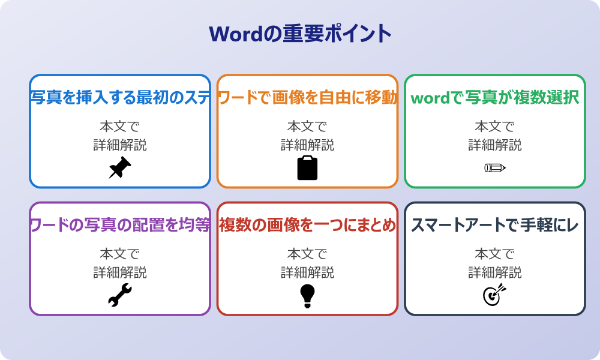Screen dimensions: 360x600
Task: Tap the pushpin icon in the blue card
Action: click(x=120, y=168)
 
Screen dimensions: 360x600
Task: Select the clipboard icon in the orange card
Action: click(x=307, y=168)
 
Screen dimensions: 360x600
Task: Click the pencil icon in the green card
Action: click(x=495, y=167)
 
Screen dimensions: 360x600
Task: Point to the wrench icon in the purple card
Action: click(x=120, y=295)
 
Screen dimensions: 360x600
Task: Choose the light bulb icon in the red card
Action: click(x=307, y=295)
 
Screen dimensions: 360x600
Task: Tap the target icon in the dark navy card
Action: click(x=495, y=295)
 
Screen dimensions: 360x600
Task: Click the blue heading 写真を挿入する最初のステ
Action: click(x=120, y=98)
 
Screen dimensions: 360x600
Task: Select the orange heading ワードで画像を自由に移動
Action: click(x=307, y=98)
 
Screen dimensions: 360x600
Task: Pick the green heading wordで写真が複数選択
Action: click(x=495, y=98)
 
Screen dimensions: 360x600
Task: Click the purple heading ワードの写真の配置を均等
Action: click(x=120, y=226)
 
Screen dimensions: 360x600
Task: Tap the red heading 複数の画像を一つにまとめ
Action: click(x=307, y=226)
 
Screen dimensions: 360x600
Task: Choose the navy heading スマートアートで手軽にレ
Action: click(x=495, y=226)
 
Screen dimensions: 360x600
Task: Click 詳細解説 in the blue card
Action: click(x=120, y=145)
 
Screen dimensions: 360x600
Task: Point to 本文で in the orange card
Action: click(x=307, y=127)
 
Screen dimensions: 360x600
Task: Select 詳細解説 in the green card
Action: click(x=495, y=145)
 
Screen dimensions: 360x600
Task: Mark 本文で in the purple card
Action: click(x=120, y=254)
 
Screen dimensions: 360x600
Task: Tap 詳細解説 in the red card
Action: click(x=307, y=273)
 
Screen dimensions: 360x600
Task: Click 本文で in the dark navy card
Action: click(x=495, y=254)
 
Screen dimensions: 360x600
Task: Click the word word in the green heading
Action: click(x=430, y=98)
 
